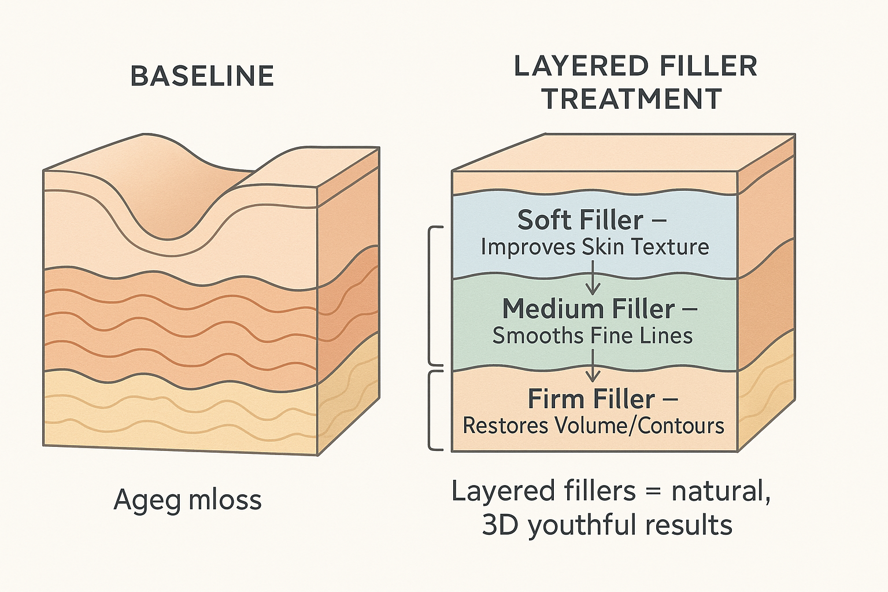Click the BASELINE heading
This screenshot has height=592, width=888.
point(202,76)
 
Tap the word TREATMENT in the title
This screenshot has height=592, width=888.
point(632,99)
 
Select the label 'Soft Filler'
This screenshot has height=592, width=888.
point(580,220)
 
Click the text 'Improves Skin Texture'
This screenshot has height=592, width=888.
point(594,247)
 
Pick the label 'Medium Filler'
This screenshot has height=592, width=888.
point(589,309)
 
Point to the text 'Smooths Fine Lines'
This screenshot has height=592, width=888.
point(592,336)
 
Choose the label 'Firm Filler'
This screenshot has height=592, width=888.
point(591,399)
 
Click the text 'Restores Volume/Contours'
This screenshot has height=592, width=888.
point(593,426)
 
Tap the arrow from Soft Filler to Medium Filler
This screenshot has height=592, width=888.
point(593,277)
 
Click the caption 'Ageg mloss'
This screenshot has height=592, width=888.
point(187,500)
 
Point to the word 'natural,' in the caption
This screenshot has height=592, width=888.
point(720,492)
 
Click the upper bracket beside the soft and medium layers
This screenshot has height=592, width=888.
point(430,295)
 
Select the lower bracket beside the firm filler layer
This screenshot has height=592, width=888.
point(430,410)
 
